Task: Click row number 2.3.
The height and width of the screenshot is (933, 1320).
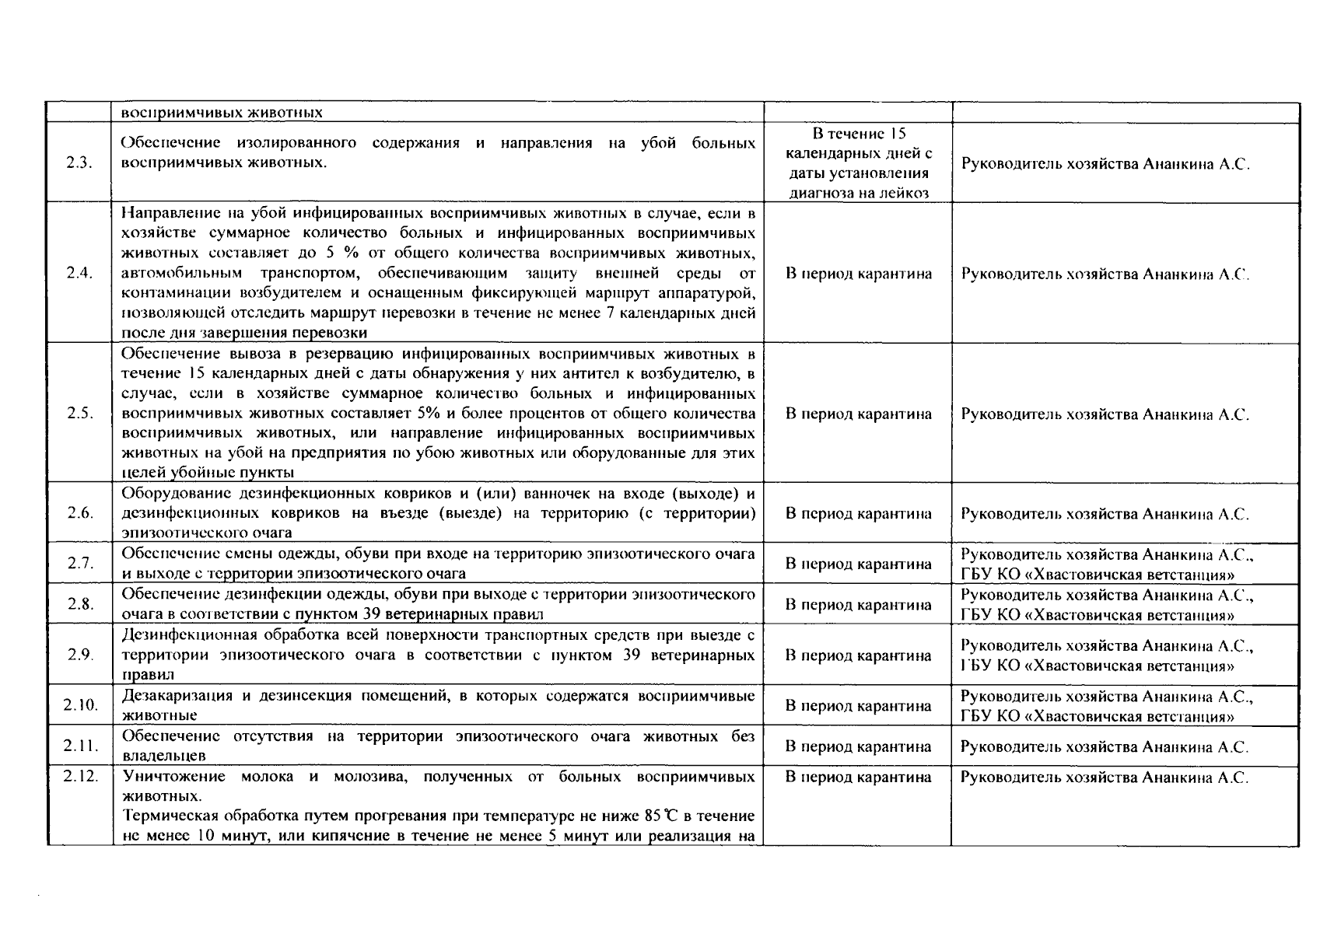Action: [79, 164]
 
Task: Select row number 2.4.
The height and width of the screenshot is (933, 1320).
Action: [79, 274]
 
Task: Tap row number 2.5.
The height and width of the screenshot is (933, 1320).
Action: [79, 414]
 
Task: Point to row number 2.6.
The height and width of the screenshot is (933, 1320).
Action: [79, 513]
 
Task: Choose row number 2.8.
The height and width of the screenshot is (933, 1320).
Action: [79, 604]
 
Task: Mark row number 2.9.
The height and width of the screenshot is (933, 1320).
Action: [79, 655]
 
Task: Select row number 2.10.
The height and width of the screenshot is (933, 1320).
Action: [79, 705]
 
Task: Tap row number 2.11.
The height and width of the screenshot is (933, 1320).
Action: [79, 746]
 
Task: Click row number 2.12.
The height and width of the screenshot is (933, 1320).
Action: [79, 776]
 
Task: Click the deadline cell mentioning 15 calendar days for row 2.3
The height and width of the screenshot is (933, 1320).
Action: [859, 164]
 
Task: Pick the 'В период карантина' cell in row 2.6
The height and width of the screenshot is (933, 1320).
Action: [859, 513]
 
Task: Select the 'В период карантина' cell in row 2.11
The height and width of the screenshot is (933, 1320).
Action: [859, 746]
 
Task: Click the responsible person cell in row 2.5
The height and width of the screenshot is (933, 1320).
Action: [1105, 414]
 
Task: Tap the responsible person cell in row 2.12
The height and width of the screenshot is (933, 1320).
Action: [1105, 777]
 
